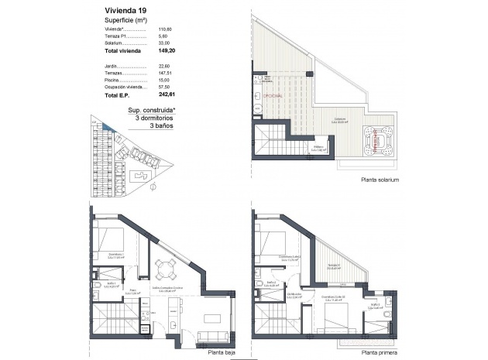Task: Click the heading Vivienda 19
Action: tap(125, 11)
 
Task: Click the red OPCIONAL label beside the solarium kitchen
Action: tap(273, 94)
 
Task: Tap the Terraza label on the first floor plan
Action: tap(333, 266)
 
